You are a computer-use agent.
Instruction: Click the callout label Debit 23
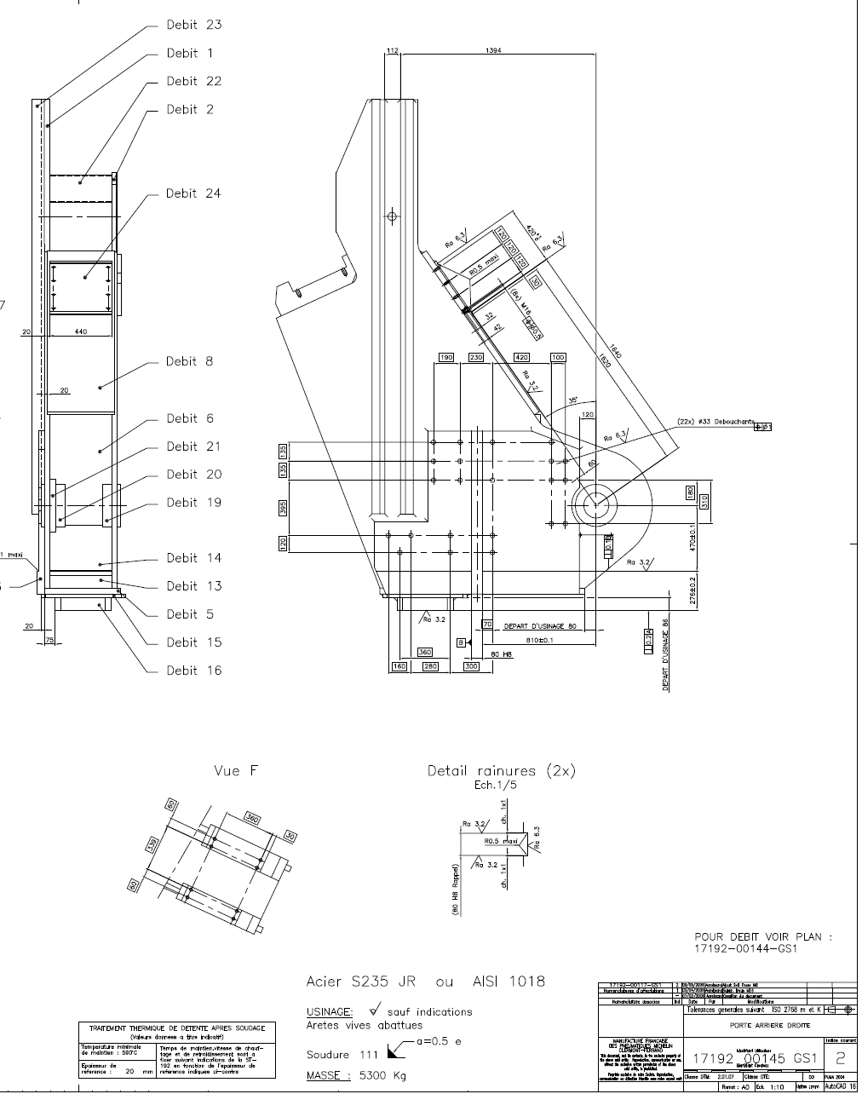pyautogui.click(x=194, y=25)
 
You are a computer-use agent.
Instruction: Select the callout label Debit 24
pyautogui.click(x=193, y=193)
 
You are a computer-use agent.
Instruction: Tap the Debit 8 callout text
pyautogui.click(x=190, y=361)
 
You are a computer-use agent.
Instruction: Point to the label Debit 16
pyautogui.click(x=193, y=671)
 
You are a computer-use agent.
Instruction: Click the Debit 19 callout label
pyautogui.click(x=193, y=503)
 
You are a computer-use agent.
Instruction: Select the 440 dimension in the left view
pyautogui.click(x=81, y=331)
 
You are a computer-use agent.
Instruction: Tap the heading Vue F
pyautogui.click(x=236, y=771)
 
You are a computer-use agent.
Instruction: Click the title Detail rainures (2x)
pyautogui.click(x=501, y=771)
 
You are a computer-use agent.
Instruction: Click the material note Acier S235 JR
pyautogui.click(x=362, y=982)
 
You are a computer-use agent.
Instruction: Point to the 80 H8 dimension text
pyautogui.click(x=500, y=654)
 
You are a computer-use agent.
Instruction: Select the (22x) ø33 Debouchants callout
pyautogui.click(x=715, y=421)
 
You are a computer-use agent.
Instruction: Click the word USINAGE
pyautogui.click(x=330, y=1011)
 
